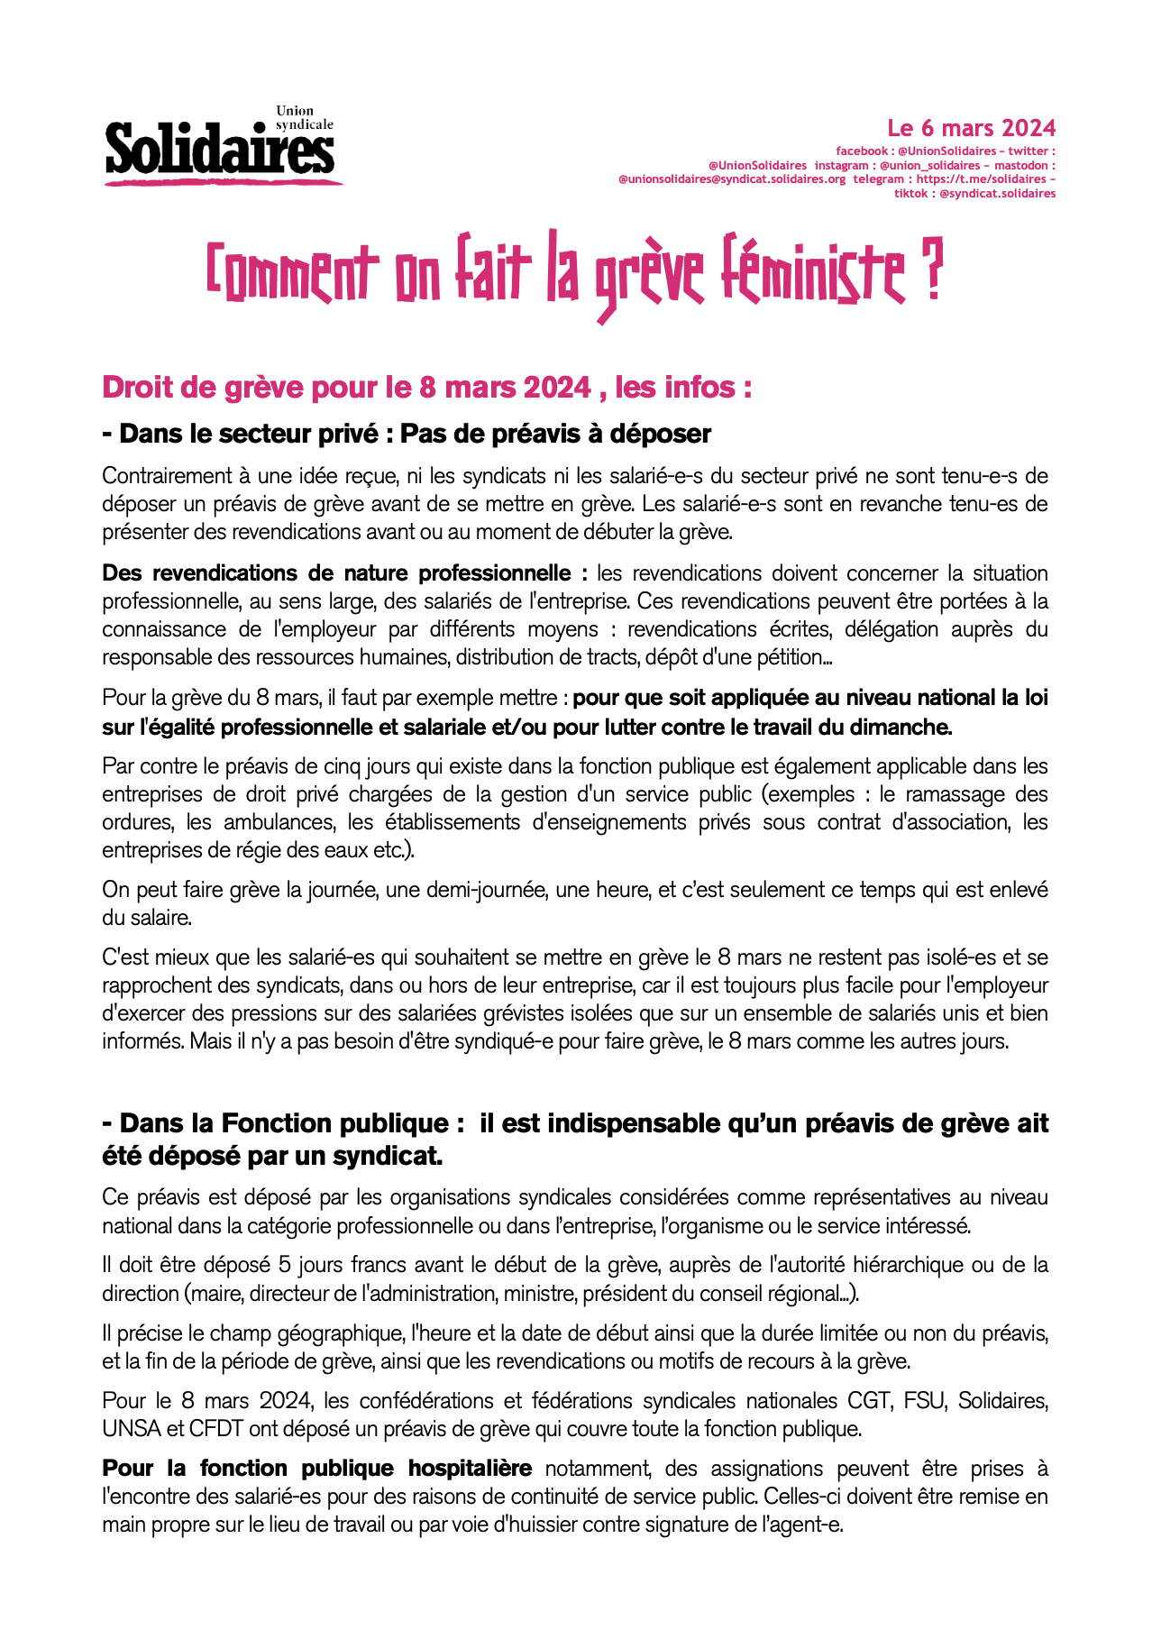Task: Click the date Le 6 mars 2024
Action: [x=971, y=128]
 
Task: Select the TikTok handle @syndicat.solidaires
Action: [x=997, y=193]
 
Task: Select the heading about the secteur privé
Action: [x=407, y=434]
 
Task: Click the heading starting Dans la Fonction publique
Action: [x=575, y=1123]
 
